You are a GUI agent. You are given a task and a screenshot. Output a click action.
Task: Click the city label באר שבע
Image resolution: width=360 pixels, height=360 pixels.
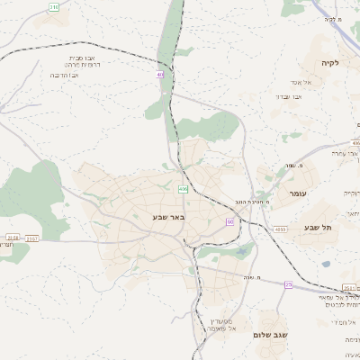click(168, 217)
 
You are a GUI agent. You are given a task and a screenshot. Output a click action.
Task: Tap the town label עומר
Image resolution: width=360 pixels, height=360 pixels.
click(299, 193)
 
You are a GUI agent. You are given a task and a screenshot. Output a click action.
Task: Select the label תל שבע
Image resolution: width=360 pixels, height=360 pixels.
click(318, 228)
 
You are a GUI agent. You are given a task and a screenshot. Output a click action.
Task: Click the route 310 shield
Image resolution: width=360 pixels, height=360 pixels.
click(53, 7)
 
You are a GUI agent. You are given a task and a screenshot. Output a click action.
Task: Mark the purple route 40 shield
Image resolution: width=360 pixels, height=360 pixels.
click(159, 75)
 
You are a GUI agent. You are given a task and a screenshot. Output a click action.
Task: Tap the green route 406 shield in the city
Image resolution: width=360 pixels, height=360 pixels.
click(183, 189)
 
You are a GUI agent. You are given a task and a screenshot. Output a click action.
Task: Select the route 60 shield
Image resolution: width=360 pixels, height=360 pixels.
click(230, 221)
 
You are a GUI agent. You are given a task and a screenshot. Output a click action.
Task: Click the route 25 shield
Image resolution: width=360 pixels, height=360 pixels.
click(289, 284)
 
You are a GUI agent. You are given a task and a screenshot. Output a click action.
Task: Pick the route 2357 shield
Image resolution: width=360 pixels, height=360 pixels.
click(32, 238)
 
